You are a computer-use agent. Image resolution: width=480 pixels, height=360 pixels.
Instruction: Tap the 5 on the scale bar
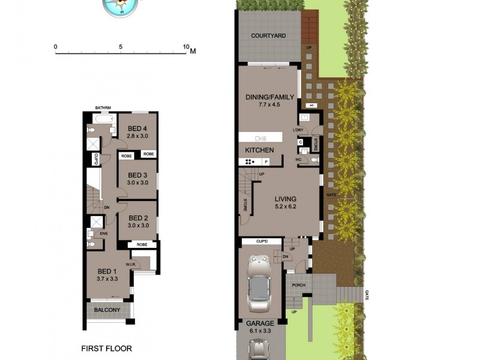(x=121, y=47)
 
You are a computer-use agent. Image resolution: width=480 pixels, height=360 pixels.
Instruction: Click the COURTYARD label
(x=268, y=36)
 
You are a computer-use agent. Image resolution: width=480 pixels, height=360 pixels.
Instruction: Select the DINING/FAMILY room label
(x=270, y=97)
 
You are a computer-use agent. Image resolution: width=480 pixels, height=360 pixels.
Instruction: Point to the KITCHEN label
(x=259, y=150)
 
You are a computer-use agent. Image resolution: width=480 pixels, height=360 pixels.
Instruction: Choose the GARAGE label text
(x=259, y=323)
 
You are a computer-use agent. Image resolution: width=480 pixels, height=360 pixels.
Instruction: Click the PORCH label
(x=298, y=285)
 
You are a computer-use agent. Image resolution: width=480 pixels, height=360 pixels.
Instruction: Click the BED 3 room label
(x=137, y=175)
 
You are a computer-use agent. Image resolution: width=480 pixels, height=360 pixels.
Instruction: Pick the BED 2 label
(x=138, y=218)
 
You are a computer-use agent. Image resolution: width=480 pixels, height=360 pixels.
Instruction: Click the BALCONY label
(x=107, y=310)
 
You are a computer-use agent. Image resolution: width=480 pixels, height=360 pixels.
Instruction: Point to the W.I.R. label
(x=131, y=264)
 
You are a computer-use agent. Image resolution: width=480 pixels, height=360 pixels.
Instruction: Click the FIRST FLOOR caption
(x=106, y=348)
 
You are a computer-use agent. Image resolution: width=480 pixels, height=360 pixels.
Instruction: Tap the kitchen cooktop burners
(x=248, y=161)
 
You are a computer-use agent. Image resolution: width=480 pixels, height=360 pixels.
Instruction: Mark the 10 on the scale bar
(x=186, y=47)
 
